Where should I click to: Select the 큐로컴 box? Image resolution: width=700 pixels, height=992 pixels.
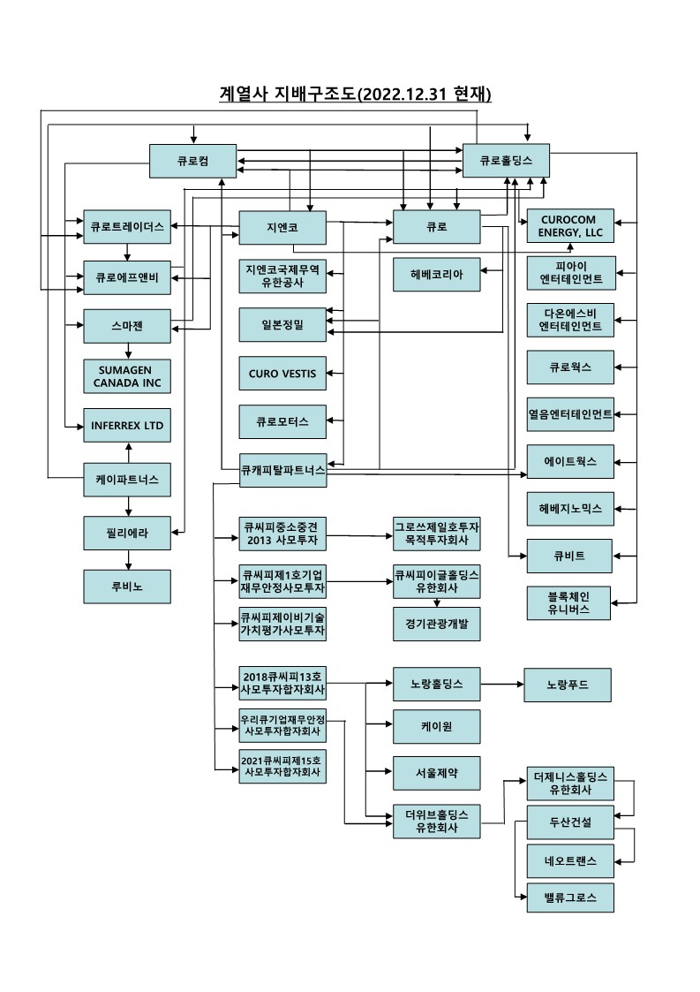coord(192,161)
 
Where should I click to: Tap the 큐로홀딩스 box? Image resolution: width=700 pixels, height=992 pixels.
coord(507,161)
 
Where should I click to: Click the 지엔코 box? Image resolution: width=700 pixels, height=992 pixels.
coord(282,227)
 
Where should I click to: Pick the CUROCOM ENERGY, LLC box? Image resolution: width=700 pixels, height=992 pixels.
coord(569,226)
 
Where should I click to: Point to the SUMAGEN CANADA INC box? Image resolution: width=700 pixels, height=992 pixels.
coord(127,376)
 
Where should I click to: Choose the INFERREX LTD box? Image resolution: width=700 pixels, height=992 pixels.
coord(127,425)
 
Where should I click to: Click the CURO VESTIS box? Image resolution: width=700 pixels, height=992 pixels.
coord(282,373)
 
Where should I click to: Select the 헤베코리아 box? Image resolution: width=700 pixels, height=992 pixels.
coord(437,275)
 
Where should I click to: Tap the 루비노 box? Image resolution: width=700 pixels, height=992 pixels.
coord(127,586)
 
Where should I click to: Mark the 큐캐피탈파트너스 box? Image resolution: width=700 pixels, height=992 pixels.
coord(282,470)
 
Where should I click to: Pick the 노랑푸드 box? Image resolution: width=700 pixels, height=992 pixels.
coord(567,684)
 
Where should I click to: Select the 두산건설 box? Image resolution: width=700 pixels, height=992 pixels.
coord(569,822)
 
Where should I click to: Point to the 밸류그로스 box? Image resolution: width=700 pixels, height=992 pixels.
coord(569,897)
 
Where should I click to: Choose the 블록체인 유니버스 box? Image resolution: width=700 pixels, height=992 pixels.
coord(569,602)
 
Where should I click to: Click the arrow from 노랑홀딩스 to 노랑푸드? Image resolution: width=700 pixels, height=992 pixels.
coord(501,684)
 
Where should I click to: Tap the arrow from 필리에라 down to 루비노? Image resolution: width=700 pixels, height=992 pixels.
coord(129,559)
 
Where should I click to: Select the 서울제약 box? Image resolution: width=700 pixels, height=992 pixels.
coord(437,773)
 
